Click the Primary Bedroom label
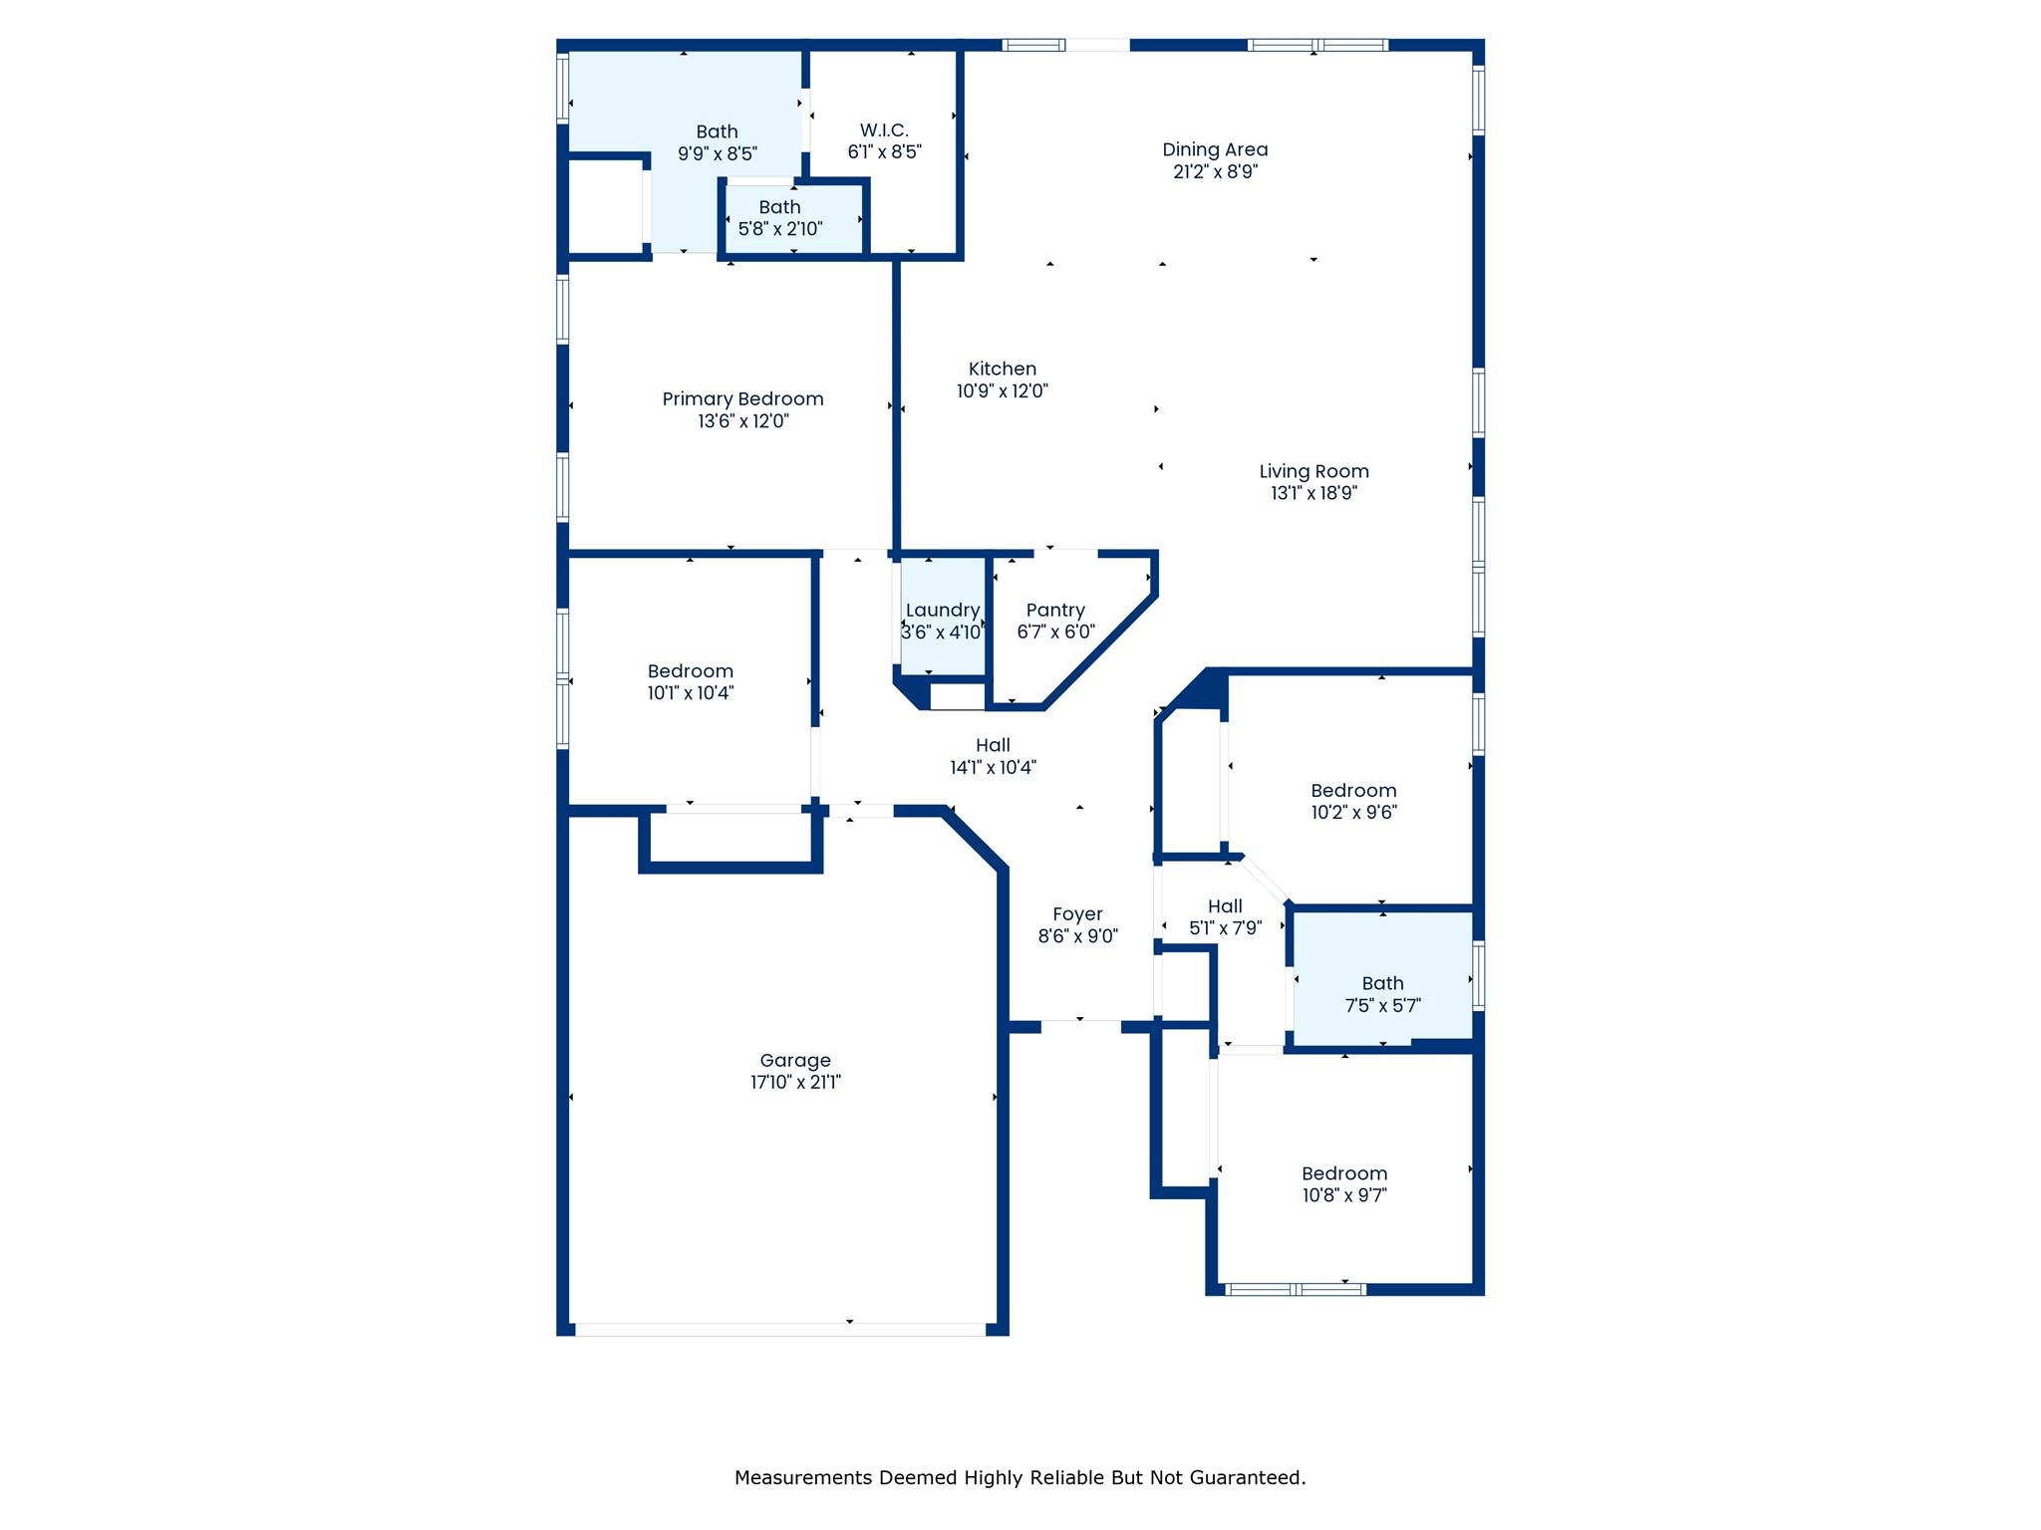(742, 398)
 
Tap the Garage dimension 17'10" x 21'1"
(795, 1083)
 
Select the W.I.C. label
(884, 130)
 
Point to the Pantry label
(1055, 610)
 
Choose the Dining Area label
(1215, 149)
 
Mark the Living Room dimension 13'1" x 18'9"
(1313, 493)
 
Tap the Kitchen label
(1003, 369)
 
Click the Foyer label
(1077, 913)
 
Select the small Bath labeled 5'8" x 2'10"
(780, 218)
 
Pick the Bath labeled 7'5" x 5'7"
(1382, 994)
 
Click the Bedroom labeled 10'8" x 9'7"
(1344, 1183)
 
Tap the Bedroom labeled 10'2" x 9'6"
(1353, 801)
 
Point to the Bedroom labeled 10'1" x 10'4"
(691, 681)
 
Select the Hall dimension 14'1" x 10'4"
(993, 768)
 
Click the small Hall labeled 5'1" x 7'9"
(1225, 916)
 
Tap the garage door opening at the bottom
(780, 1329)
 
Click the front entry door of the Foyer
(1080, 1026)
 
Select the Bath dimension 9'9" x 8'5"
(718, 154)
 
